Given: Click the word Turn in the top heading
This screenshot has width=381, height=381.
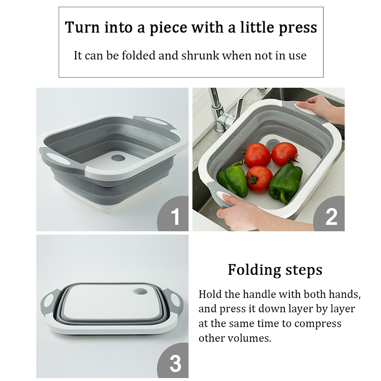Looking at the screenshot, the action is pos(82,27).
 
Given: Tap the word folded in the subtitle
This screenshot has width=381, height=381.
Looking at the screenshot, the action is pos(138,55).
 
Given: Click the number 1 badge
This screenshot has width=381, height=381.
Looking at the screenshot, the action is pos(174,215).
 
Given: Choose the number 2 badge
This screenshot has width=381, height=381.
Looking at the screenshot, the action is pos(331,215).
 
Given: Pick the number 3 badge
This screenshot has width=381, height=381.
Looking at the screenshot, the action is pos(174,362).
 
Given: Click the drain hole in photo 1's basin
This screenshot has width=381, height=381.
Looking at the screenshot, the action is pos(118,158).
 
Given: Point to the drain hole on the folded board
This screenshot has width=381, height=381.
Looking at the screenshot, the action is pos(140,291).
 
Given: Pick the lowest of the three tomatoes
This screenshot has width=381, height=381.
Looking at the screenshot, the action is pos(259,179).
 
